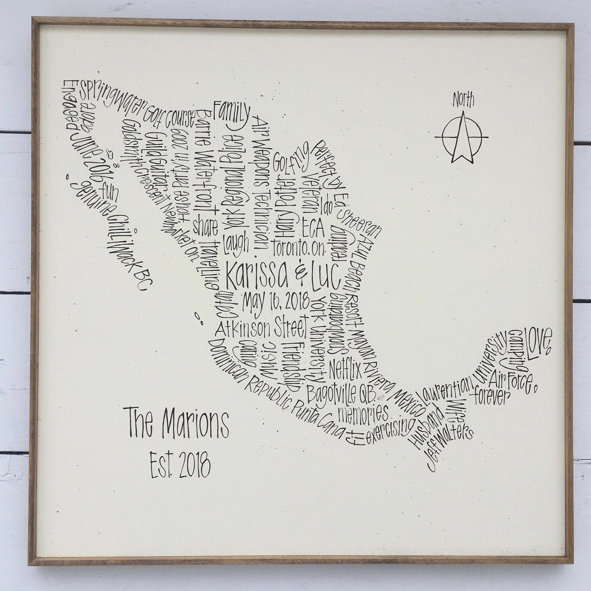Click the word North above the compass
tap(464, 100)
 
